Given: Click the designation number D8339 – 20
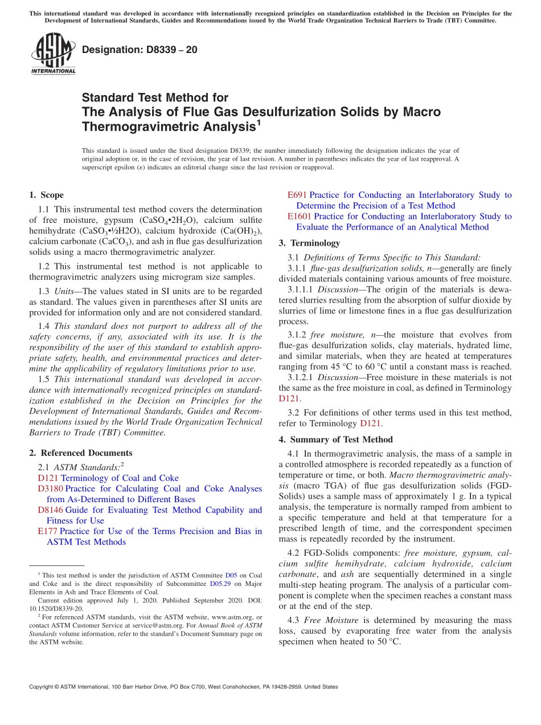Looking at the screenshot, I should [140, 50].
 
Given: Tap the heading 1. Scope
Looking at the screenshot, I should [46, 195].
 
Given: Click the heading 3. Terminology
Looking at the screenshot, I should [309, 243].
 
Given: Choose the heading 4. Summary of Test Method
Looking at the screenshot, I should [335, 439].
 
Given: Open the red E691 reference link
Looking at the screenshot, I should [297, 195].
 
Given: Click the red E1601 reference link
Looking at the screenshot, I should [299, 217].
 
